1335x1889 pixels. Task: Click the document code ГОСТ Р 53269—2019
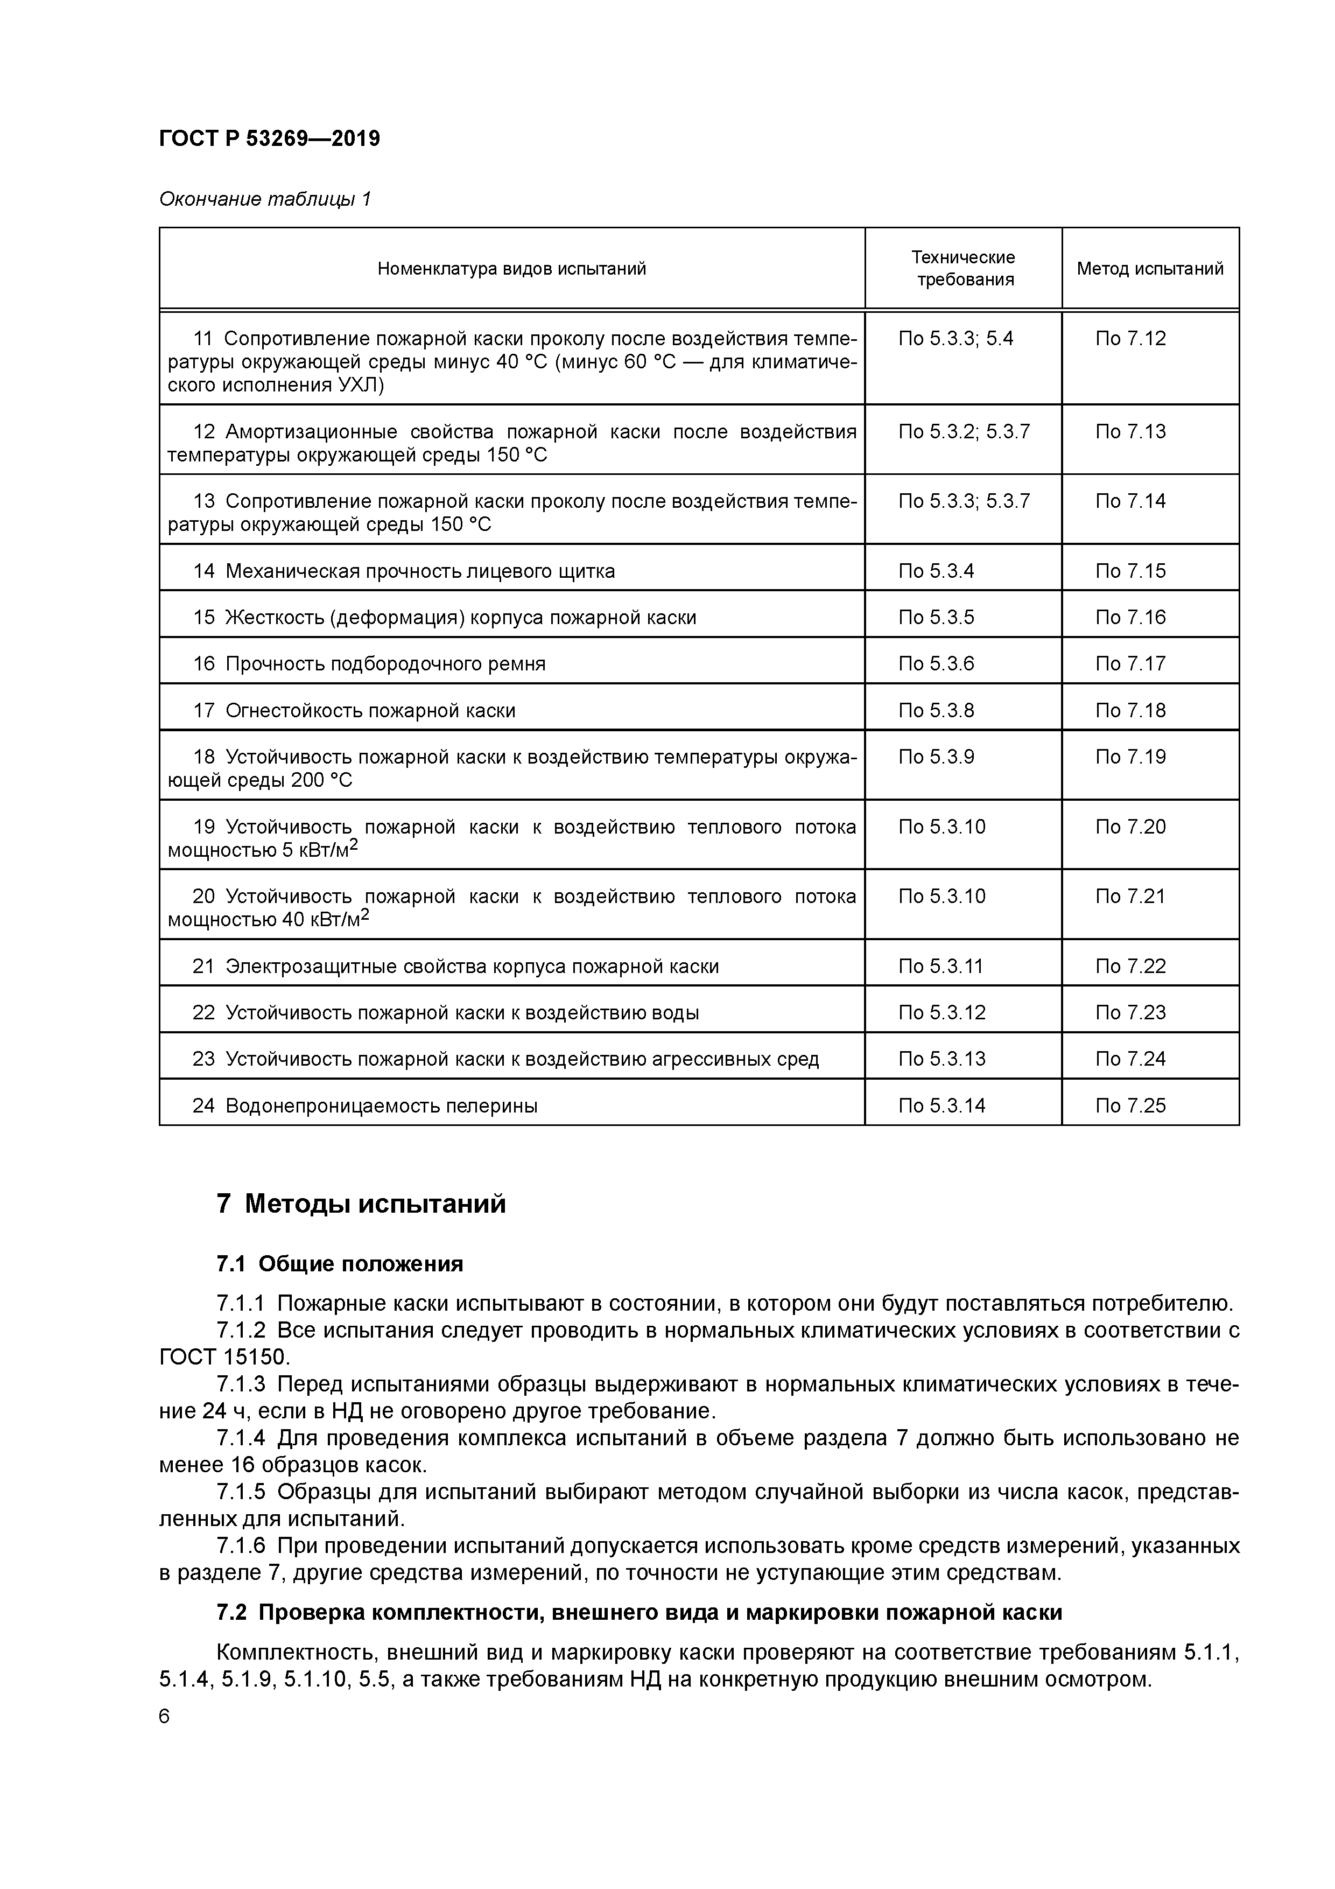(x=269, y=139)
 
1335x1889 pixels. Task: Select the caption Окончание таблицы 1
(x=265, y=199)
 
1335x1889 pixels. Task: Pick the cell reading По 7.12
(x=1130, y=338)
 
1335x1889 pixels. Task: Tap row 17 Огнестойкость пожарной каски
(x=355, y=710)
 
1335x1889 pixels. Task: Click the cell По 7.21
(x=1130, y=896)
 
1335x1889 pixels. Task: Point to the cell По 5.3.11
(x=940, y=966)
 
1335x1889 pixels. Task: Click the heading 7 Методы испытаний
(x=361, y=1205)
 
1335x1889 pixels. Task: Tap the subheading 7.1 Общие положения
(x=340, y=1264)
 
